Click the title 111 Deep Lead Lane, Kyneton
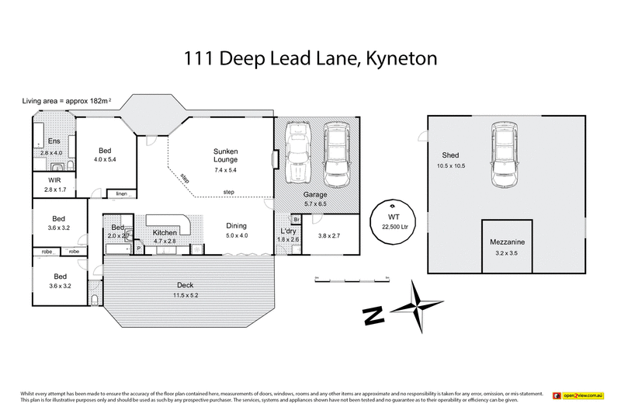coord(310,58)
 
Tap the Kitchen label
coord(166,233)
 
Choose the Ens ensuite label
coord(54,141)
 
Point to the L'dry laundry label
coord(289,231)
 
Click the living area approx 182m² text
coord(68,101)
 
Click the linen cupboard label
coord(121,193)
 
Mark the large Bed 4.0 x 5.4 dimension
coord(104,159)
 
